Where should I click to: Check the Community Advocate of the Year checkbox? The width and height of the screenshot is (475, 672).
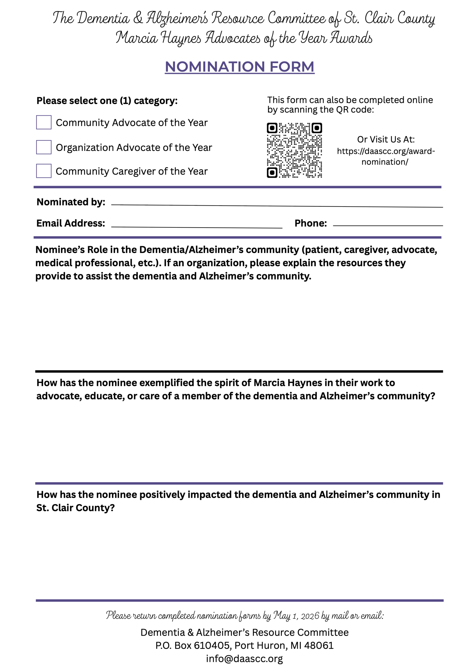point(44,122)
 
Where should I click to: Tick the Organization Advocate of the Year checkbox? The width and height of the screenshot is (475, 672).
point(44,147)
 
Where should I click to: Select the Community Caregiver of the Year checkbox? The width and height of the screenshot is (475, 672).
point(44,171)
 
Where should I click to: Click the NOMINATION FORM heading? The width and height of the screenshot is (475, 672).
point(239,66)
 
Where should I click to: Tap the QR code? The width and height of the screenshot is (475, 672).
point(294,150)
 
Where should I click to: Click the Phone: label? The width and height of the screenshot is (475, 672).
point(310,223)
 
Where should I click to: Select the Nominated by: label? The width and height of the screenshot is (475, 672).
point(71,202)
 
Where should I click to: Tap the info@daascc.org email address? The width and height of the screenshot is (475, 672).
point(244,658)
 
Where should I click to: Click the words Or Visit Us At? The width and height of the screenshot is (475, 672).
point(386,139)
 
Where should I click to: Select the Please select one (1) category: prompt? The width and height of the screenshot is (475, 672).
point(107,101)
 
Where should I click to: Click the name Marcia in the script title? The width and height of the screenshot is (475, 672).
point(136,38)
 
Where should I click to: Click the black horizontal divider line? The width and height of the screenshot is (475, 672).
point(239,371)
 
